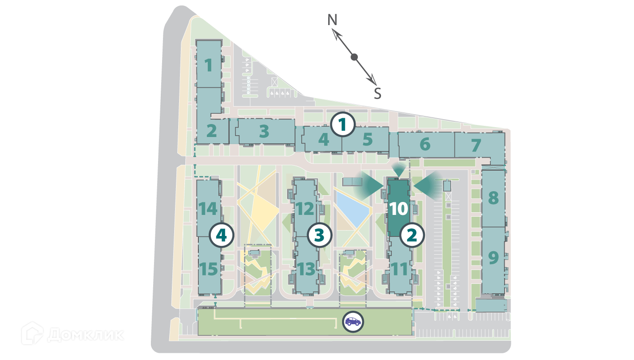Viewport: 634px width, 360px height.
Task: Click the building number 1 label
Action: pyautogui.click(x=208, y=66)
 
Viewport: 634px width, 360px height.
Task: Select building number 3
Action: pyautogui.click(x=264, y=132)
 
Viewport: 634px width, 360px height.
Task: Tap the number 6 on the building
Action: pyautogui.click(x=425, y=144)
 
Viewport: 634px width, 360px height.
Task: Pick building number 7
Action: pyautogui.click(x=476, y=145)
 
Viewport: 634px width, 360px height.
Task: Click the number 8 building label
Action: pyautogui.click(x=493, y=197)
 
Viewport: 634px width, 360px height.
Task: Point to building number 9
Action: pyautogui.click(x=493, y=257)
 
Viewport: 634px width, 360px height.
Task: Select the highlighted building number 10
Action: pyautogui.click(x=398, y=209)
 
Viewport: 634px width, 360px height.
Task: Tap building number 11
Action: pyautogui.click(x=399, y=270)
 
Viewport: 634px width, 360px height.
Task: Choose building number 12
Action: pyautogui.click(x=306, y=209)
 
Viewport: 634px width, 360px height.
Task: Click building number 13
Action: pyautogui.click(x=306, y=270)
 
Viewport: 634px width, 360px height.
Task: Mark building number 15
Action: pyautogui.click(x=209, y=270)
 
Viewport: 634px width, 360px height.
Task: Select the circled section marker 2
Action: pyautogui.click(x=412, y=235)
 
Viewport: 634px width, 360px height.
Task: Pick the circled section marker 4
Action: pyautogui.click(x=222, y=235)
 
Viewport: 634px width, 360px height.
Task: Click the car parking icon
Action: pyautogui.click(x=353, y=321)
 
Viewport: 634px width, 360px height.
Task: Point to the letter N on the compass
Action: pyautogui.click(x=332, y=20)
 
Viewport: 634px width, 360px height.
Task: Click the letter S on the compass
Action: pyautogui.click(x=377, y=94)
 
